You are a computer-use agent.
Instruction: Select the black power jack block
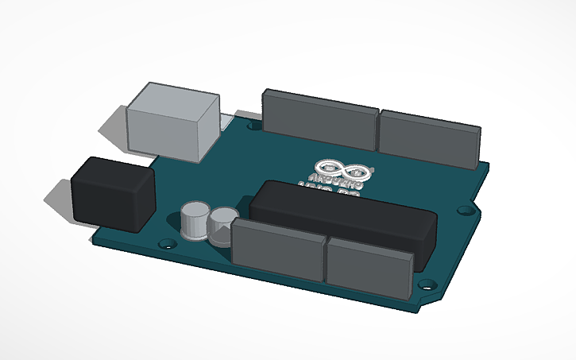click(112, 195)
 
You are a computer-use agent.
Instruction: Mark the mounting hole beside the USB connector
click(253, 126)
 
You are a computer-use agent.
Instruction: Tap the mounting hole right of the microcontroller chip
click(465, 210)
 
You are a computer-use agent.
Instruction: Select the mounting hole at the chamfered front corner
click(426, 282)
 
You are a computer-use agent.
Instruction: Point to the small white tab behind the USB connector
click(227, 122)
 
